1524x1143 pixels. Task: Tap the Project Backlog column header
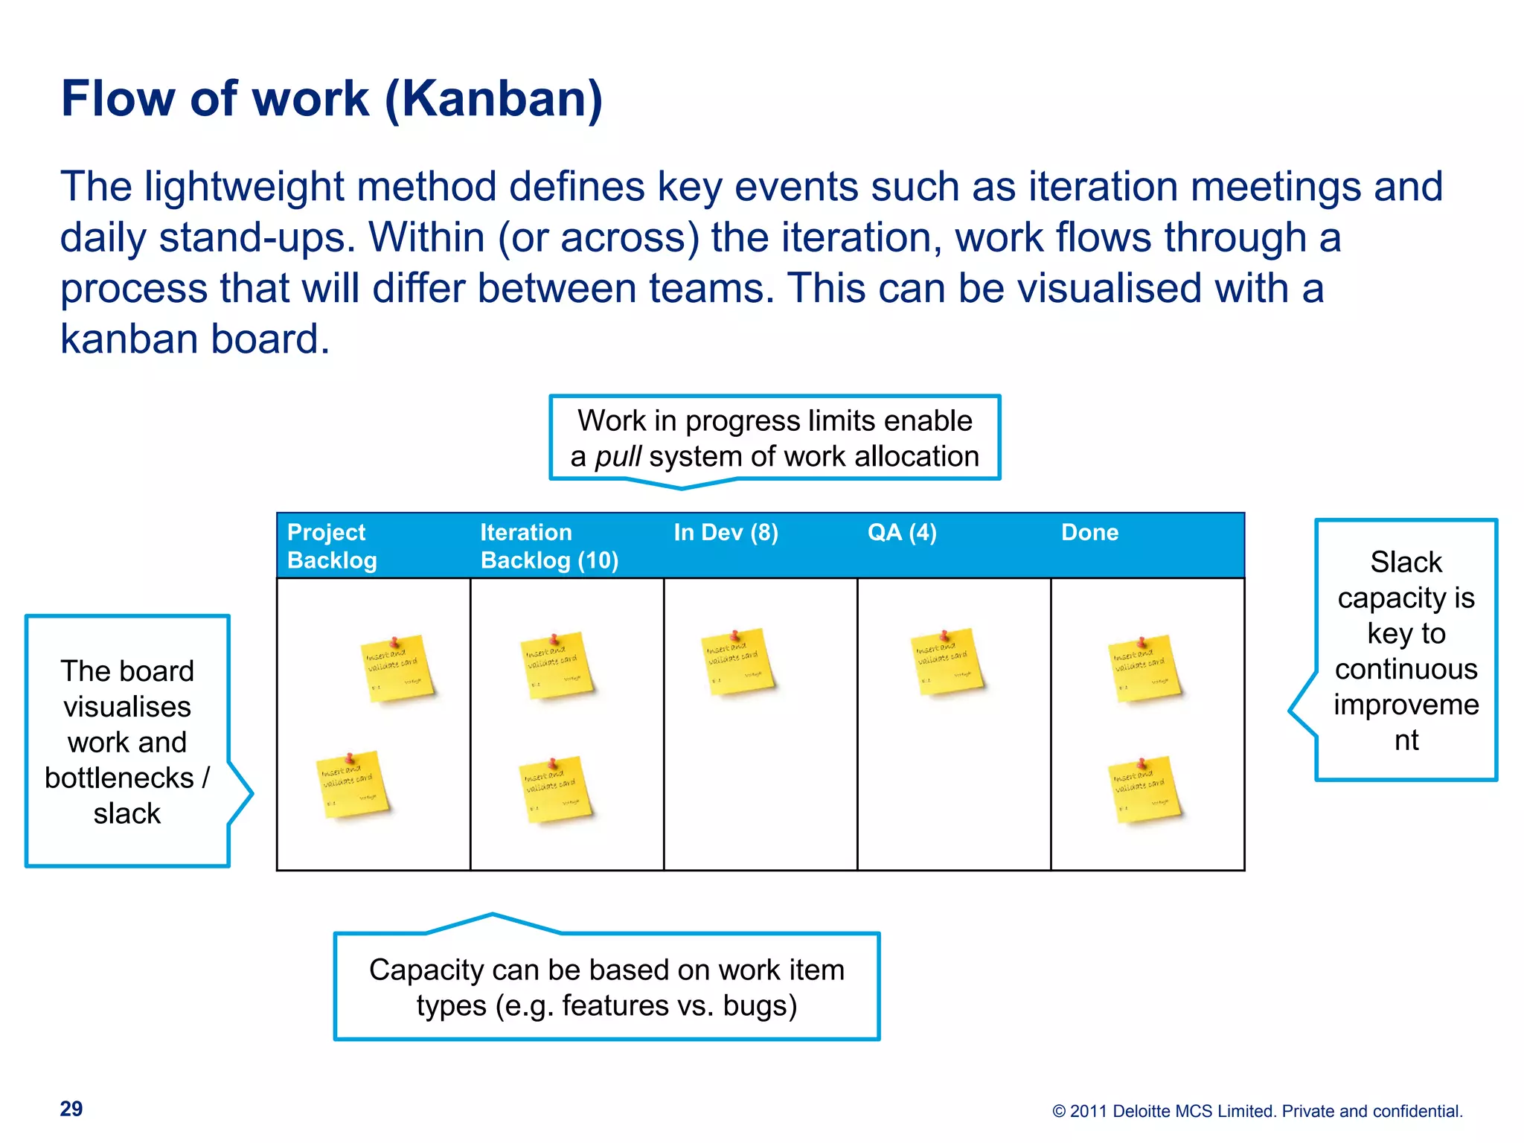tap(332, 545)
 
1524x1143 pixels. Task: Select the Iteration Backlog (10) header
tap(549, 545)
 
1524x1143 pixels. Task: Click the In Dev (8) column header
tap(726, 533)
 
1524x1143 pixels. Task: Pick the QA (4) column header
tap(902, 533)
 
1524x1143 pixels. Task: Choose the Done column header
tap(1089, 533)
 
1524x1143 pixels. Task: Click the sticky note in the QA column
tap(947, 662)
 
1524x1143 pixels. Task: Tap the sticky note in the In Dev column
tap(737, 662)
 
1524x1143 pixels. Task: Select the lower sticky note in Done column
tap(1144, 790)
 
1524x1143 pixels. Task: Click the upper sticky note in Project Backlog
tap(397, 669)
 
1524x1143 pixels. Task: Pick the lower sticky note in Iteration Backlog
tap(555, 790)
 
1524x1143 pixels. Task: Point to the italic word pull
tap(618, 456)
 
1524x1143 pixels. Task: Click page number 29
tap(71, 1109)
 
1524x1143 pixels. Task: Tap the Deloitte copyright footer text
tap(1258, 1111)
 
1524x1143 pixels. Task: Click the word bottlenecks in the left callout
tap(119, 778)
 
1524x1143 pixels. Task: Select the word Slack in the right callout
tap(1406, 562)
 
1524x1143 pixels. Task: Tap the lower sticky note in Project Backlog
tap(353, 785)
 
